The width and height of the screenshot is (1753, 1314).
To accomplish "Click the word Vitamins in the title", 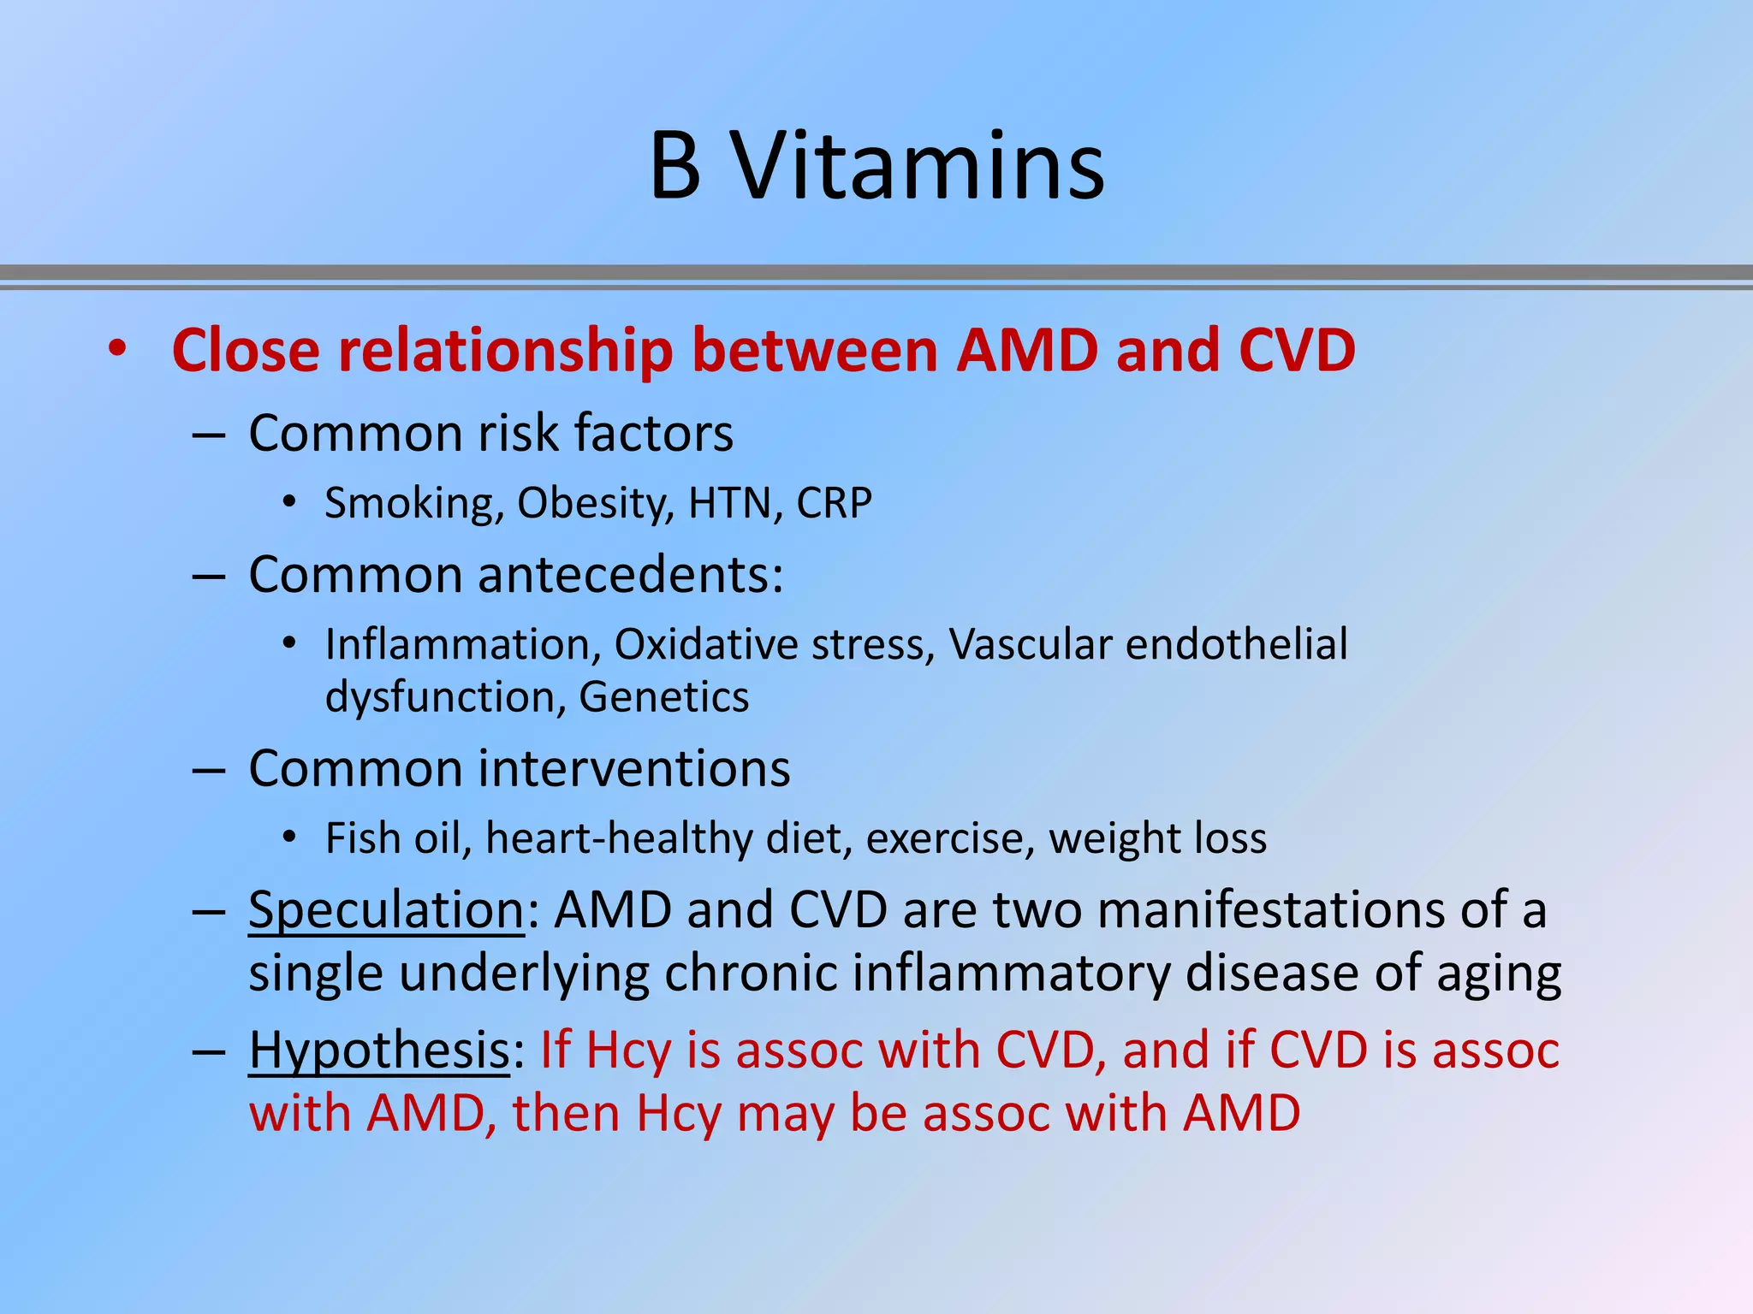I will click(919, 166).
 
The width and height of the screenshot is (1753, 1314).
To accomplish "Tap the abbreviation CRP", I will click(834, 503).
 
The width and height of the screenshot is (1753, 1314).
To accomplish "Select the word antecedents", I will click(630, 575).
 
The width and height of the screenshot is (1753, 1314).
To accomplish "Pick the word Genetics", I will click(664, 697).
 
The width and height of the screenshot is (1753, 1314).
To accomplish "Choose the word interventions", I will click(633, 768).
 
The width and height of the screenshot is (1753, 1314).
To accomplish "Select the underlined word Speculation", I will click(386, 909).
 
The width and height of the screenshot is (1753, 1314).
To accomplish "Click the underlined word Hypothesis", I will click(379, 1051).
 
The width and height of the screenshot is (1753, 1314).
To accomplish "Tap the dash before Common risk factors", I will click(209, 435).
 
